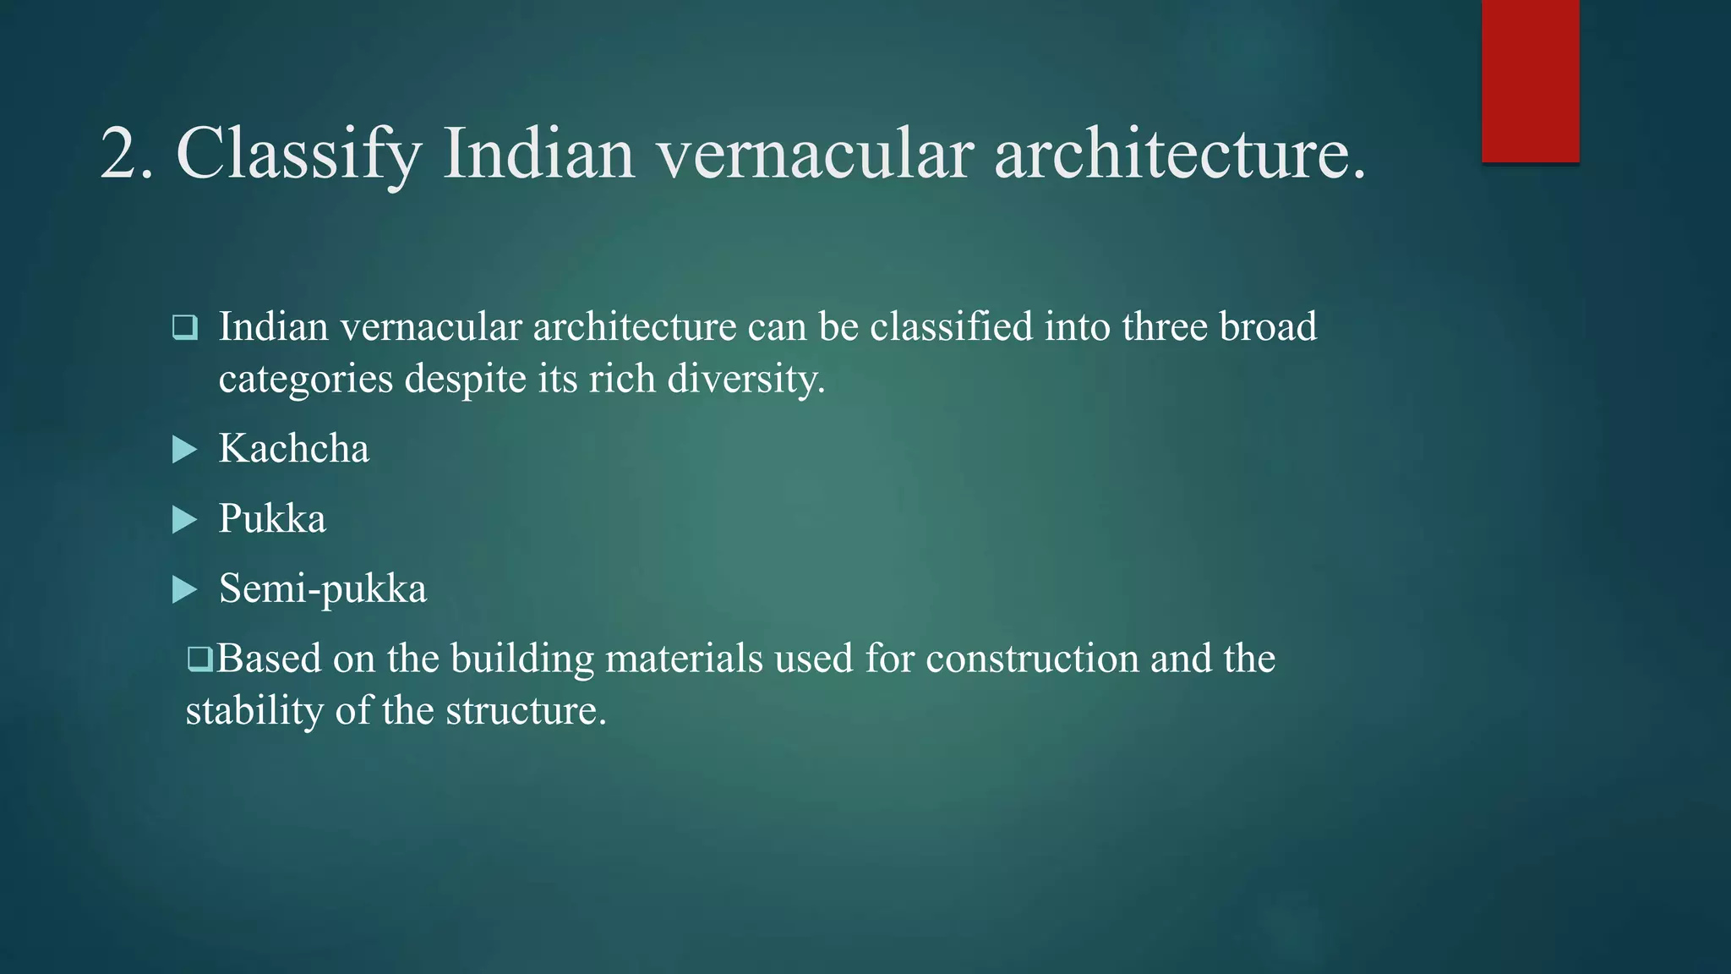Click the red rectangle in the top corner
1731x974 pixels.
click(1530, 81)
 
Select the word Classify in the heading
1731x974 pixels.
click(298, 155)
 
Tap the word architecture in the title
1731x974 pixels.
click(1179, 153)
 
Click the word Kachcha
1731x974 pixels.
click(293, 448)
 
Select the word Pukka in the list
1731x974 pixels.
click(272, 518)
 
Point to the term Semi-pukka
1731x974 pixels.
click(322, 588)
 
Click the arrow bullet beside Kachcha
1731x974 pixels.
click(183, 450)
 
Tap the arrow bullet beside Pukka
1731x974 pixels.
click(183, 520)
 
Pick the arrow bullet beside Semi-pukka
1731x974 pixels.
click(183, 590)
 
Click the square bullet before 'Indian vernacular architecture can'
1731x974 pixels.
click(184, 327)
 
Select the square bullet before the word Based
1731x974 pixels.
click(199, 659)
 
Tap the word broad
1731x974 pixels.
click(1267, 326)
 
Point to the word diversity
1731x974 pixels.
click(745, 379)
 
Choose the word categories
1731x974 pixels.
click(305, 379)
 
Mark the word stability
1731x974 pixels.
click(254, 710)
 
